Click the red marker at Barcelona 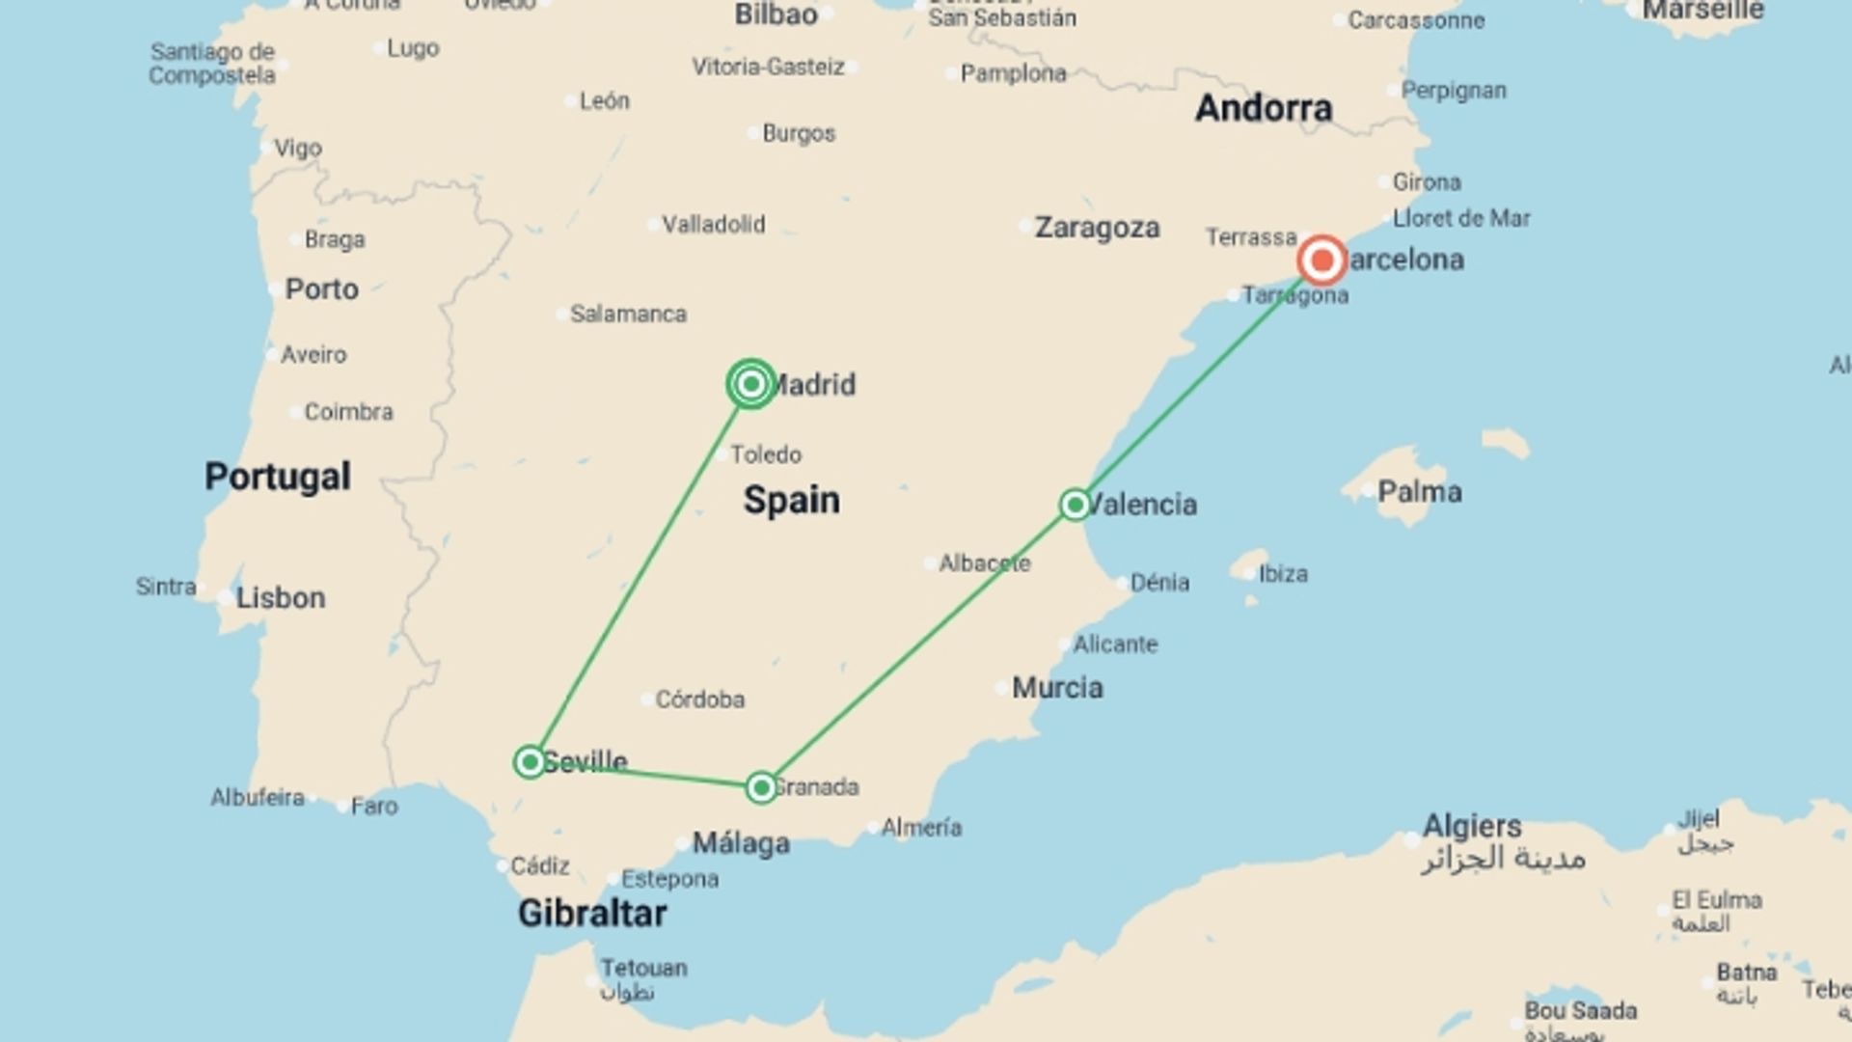pos(1321,260)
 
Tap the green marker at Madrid pos(751,384)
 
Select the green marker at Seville pos(530,762)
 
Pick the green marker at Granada pos(761,788)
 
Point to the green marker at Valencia pos(1075,505)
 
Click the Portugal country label pos(278,477)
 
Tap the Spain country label pos(791,500)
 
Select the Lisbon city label pos(281,598)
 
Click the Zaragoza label pos(1097,228)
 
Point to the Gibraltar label pos(592,913)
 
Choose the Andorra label pos(1264,108)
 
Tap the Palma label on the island pos(1419,492)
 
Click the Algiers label pos(1472,826)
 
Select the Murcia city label pos(1057,688)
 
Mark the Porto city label pos(321,289)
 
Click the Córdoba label pos(699,699)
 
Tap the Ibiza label pos(1283,574)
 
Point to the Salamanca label pos(628,315)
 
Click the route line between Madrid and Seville pos(640,573)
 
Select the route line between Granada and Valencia pos(917,646)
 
